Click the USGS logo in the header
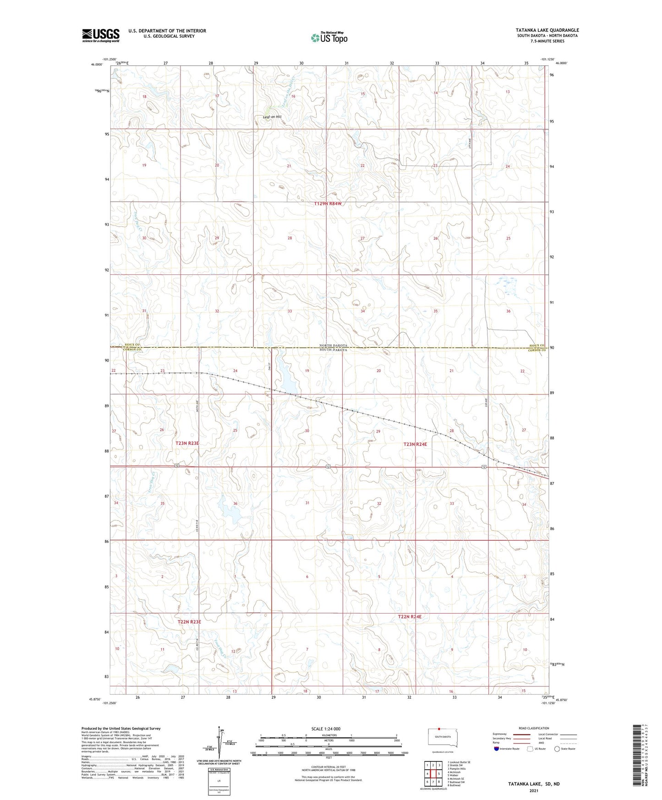point(100,35)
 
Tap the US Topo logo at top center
point(328,37)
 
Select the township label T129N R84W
point(328,203)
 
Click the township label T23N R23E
point(187,444)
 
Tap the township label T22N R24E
point(410,617)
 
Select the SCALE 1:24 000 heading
point(326,729)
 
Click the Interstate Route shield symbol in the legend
point(497,749)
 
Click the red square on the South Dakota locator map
point(438,728)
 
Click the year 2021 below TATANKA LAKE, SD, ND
point(534,791)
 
